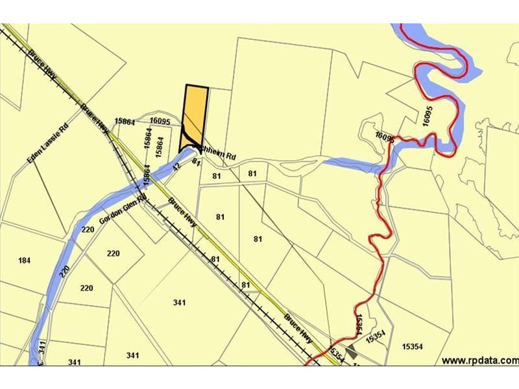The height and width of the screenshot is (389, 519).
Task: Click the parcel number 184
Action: tap(25, 261)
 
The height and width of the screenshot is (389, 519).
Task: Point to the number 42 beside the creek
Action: tap(176, 167)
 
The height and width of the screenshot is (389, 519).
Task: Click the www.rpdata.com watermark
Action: tap(480, 360)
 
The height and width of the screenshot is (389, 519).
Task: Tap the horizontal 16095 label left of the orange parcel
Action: tap(160, 121)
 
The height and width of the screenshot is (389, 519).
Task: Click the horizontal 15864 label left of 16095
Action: tap(124, 121)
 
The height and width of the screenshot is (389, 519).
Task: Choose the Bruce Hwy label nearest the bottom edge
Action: tap(298, 329)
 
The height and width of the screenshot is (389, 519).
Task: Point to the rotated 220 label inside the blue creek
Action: tap(65, 271)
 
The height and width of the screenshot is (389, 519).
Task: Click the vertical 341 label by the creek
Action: tap(42, 346)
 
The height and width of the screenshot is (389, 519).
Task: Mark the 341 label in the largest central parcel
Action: tap(180, 303)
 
